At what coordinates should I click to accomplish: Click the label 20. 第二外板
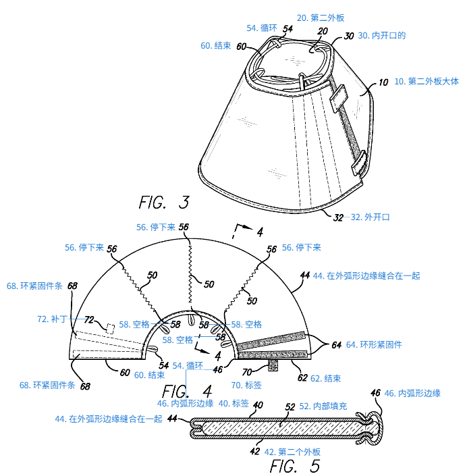[321, 19]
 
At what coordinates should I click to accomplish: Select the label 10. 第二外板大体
[426, 81]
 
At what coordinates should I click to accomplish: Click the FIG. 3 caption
[163, 202]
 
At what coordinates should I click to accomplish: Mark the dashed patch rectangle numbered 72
[109, 328]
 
